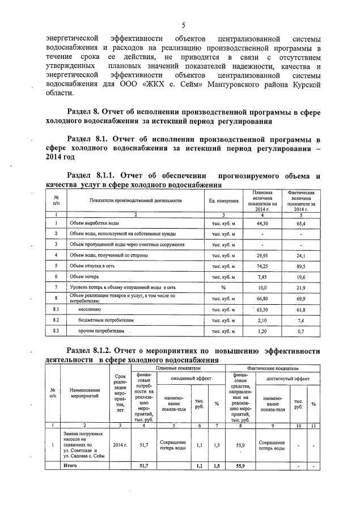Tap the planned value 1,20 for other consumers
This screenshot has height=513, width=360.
261,331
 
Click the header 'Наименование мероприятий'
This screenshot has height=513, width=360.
84,393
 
